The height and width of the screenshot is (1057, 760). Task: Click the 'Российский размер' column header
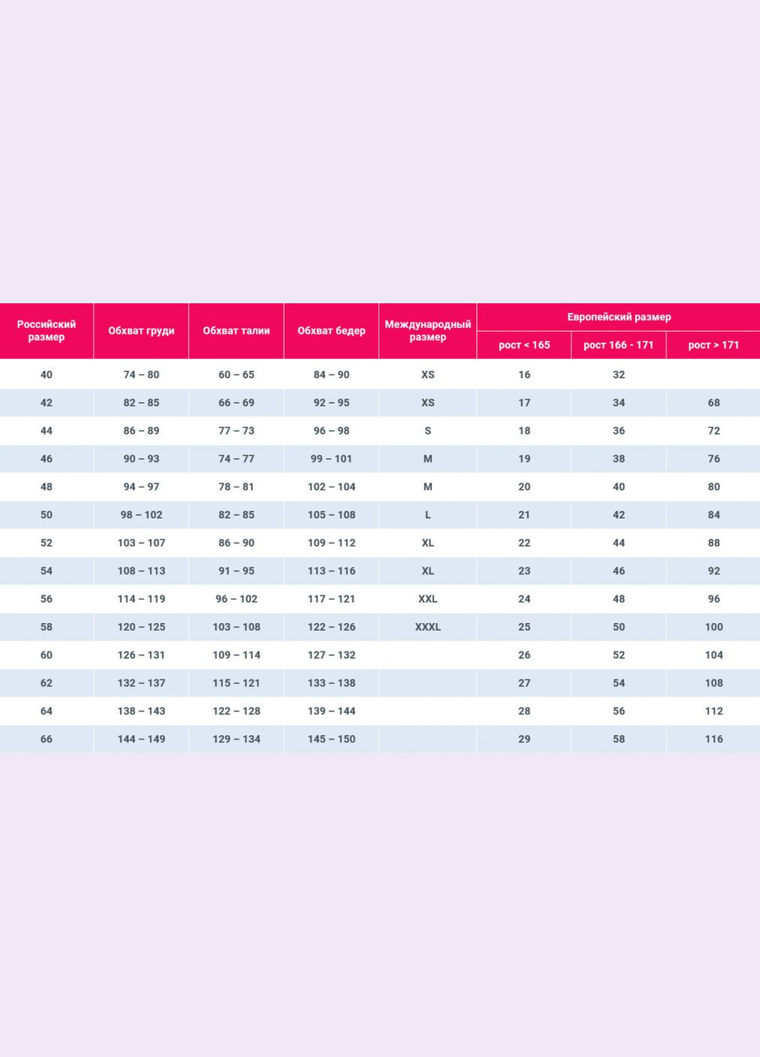(x=47, y=330)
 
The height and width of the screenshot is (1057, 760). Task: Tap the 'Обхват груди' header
(x=141, y=330)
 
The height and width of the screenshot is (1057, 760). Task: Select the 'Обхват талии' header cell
(x=236, y=330)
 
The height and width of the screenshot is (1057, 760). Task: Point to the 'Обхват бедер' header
(x=331, y=330)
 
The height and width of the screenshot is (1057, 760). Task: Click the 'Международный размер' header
(x=427, y=330)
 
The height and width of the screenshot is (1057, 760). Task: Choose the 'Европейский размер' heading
(x=619, y=317)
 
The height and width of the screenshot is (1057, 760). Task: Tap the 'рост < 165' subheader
(x=524, y=345)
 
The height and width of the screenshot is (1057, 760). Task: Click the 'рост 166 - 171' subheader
(x=618, y=345)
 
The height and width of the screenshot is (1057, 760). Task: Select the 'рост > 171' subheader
(x=713, y=345)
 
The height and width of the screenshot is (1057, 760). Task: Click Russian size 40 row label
(x=47, y=375)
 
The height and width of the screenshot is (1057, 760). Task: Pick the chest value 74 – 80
(x=141, y=375)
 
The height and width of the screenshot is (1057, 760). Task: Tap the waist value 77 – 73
(x=236, y=431)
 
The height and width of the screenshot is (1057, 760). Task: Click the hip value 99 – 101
(x=331, y=459)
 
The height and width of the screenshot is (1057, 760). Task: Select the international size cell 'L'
(x=427, y=515)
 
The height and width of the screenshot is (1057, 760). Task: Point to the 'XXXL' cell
(x=427, y=627)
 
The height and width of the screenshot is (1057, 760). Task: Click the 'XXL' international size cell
(x=427, y=599)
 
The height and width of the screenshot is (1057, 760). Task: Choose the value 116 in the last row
(x=713, y=739)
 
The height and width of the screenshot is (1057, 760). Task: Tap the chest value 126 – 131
(x=141, y=655)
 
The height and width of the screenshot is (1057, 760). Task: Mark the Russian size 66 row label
(x=47, y=739)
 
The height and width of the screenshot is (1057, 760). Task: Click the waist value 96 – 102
(x=236, y=599)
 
